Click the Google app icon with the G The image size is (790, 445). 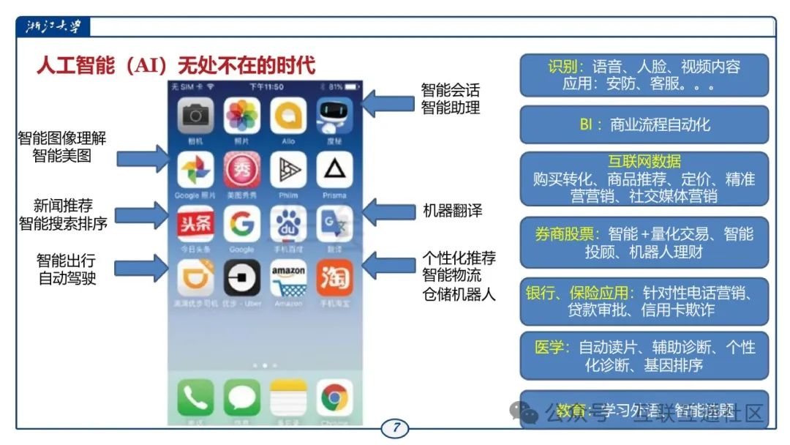coord(242,222)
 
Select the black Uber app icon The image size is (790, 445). coord(242,278)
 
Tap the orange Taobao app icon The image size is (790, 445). coord(334,278)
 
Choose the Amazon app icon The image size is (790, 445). coord(288,278)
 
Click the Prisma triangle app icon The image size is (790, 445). coord(334,169)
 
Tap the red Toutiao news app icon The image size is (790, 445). coord(195,222)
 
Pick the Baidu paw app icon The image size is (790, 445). coord(288,222)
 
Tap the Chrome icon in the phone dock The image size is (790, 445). coord(334,397)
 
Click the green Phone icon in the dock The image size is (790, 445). coord(195,397)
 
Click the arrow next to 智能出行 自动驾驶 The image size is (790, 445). coord(143,269)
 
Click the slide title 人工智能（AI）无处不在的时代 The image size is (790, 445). coord(176,65)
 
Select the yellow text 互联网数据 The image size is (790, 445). coord(644,162)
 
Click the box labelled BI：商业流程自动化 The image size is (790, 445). coord(644,124)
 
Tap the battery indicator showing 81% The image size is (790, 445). coord(340,86)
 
